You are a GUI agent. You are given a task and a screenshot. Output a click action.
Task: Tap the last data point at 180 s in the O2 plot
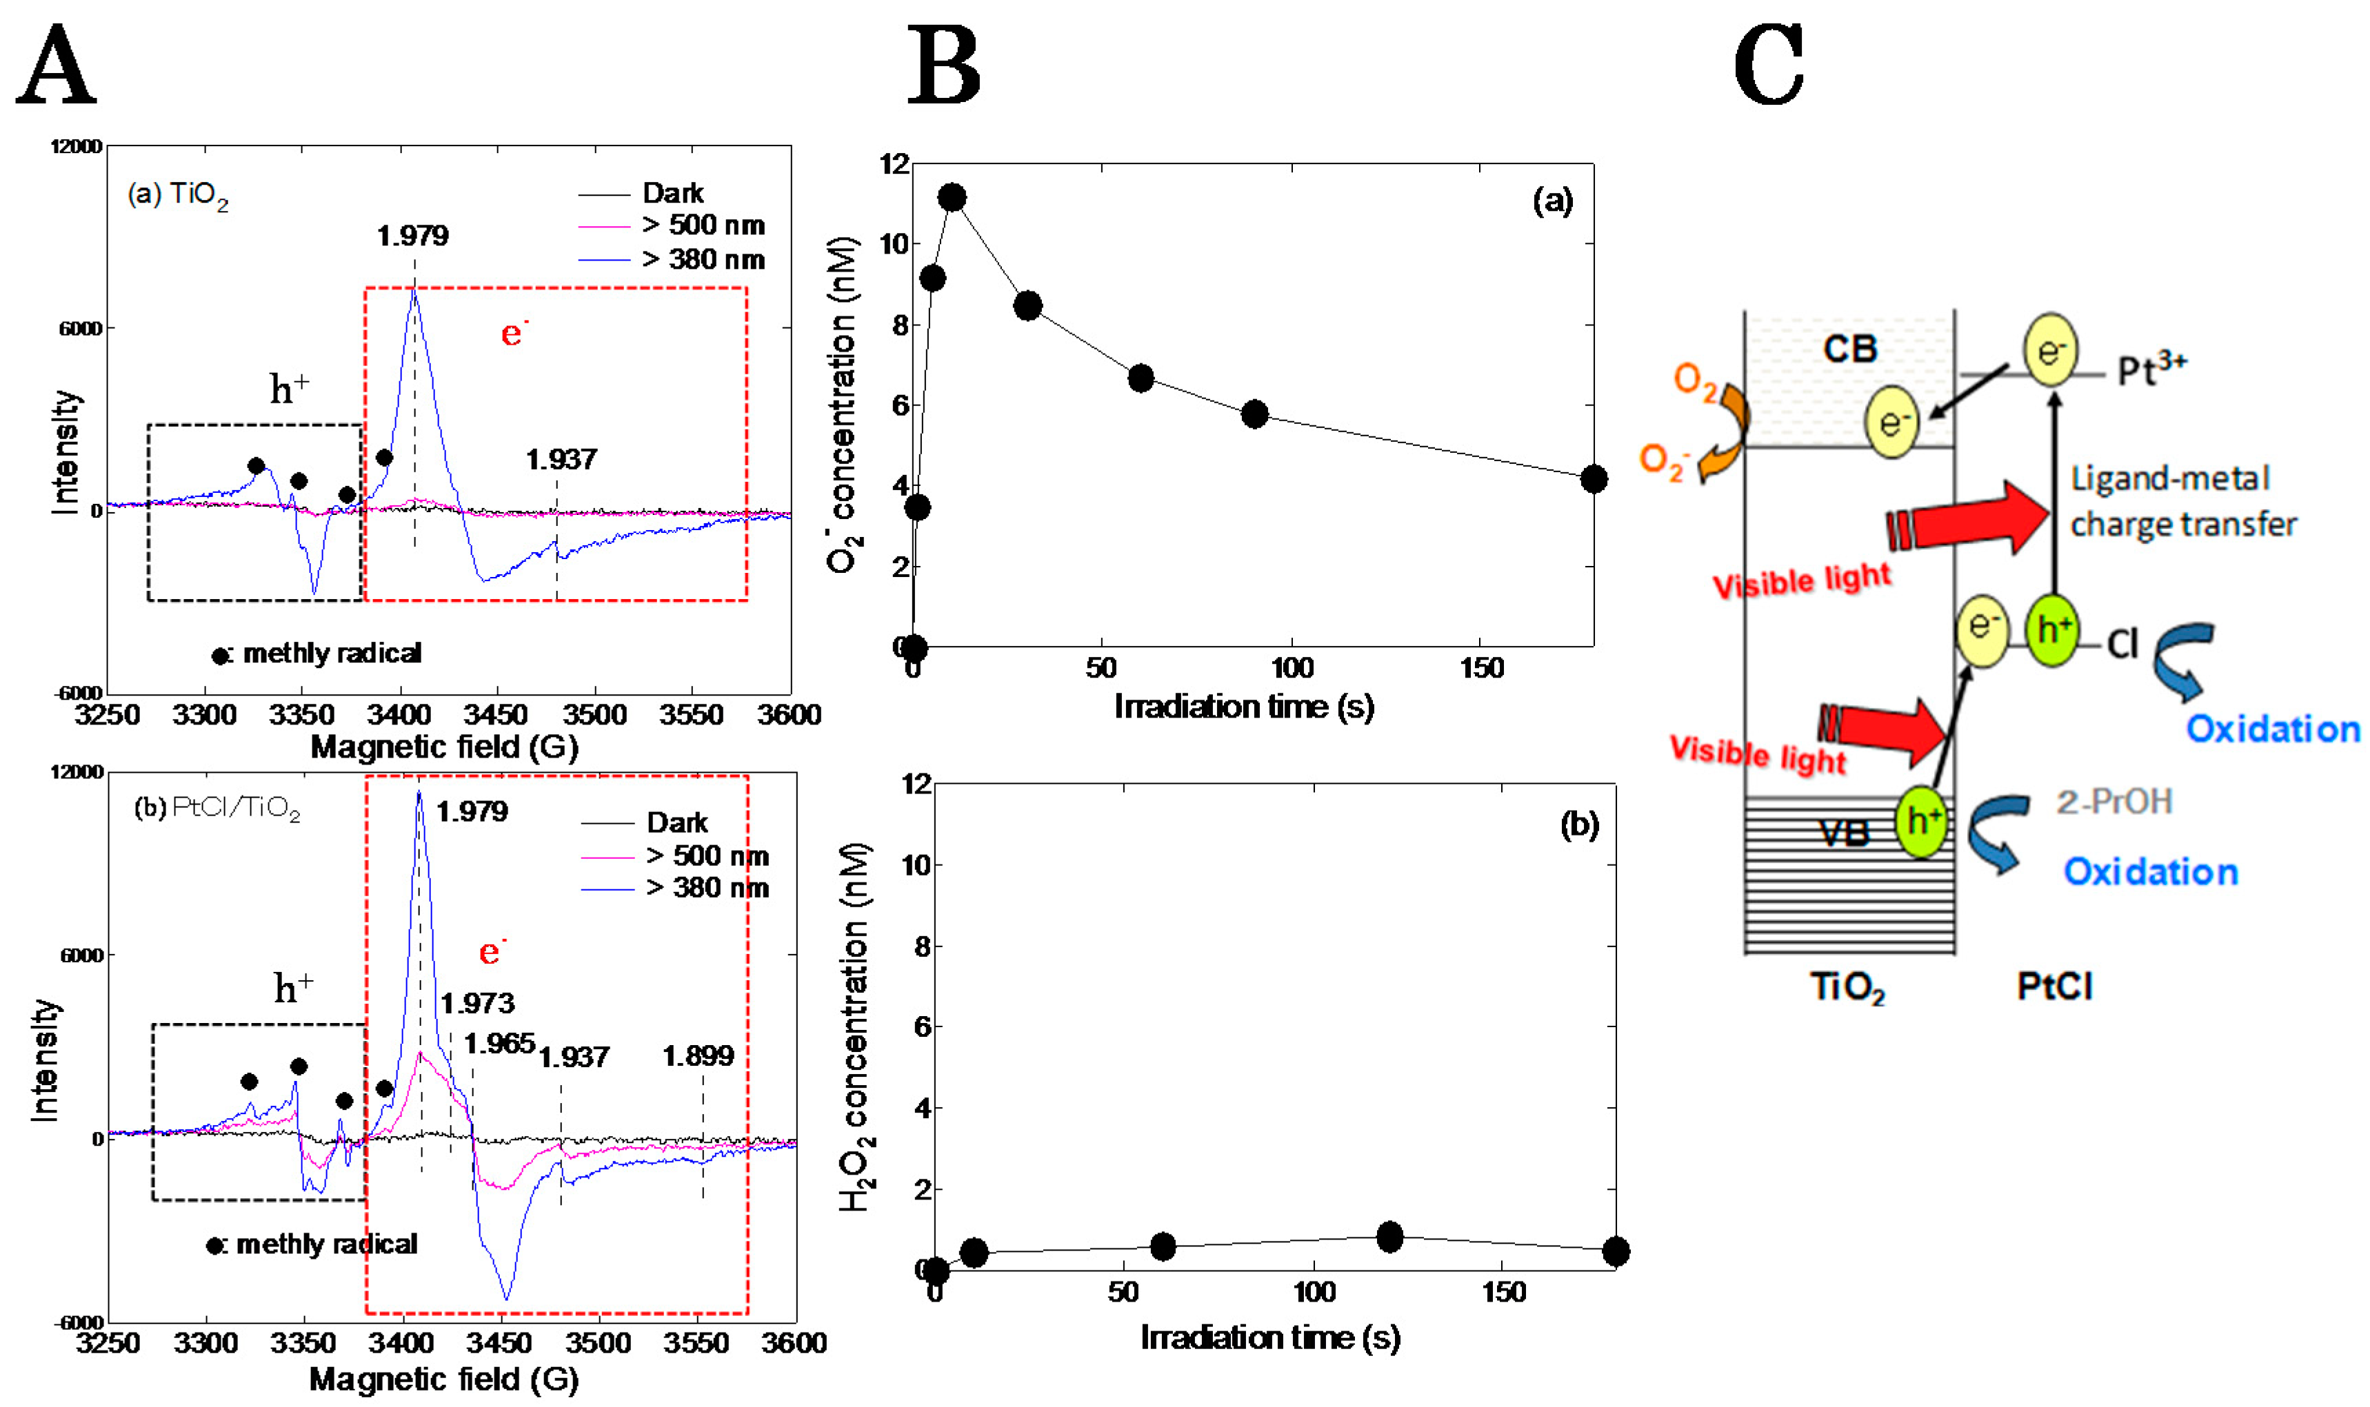point(1594,479)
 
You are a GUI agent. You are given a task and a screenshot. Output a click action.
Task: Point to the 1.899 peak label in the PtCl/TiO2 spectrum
point(698,1055)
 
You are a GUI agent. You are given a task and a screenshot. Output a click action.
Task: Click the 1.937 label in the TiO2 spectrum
point(561,460)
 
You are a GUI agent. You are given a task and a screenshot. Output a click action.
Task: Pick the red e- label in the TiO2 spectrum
point(513,333)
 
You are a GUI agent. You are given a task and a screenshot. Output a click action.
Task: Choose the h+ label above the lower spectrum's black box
point(293,988)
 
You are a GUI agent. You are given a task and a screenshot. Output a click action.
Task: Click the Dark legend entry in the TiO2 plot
point(672,194)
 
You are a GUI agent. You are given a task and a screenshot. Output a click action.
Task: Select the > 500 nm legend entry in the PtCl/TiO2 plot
point(707,856)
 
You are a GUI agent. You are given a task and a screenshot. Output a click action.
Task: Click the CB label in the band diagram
point(1850,349)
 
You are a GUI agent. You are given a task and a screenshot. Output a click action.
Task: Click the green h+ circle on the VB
point(1920,821)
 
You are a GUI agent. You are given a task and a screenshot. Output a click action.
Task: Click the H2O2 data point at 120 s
point(1389,1236)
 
